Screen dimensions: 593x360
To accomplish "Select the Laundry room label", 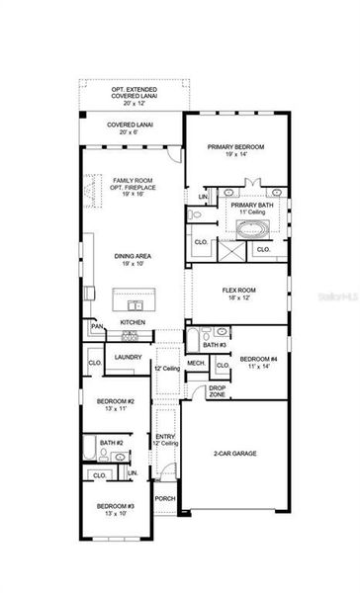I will tap(128, 358).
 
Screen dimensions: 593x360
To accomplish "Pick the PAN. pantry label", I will tap(97, 326).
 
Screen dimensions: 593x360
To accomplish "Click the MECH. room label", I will tap(196, 364).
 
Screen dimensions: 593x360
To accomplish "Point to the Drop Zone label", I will tap(218, 390).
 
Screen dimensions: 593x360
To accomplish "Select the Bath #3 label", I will tap(215, 345).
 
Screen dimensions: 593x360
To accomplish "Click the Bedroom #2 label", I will tap(115, 405).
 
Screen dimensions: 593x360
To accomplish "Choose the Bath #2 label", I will tap(111, 443).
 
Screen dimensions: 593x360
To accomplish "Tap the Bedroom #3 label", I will tap(115, 510).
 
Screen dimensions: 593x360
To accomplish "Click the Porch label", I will tap(165, 499).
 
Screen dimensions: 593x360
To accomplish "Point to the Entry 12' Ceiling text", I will tap(165, 443).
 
